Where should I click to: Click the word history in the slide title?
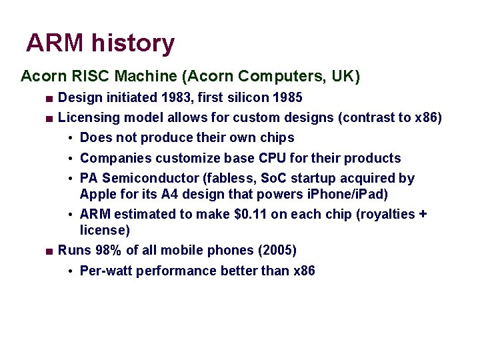click(133, 43)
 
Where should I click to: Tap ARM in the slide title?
click(55, 43)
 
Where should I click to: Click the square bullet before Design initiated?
click(49, 99)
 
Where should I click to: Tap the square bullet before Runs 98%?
click(49, 251)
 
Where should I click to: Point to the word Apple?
click(97, 194)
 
